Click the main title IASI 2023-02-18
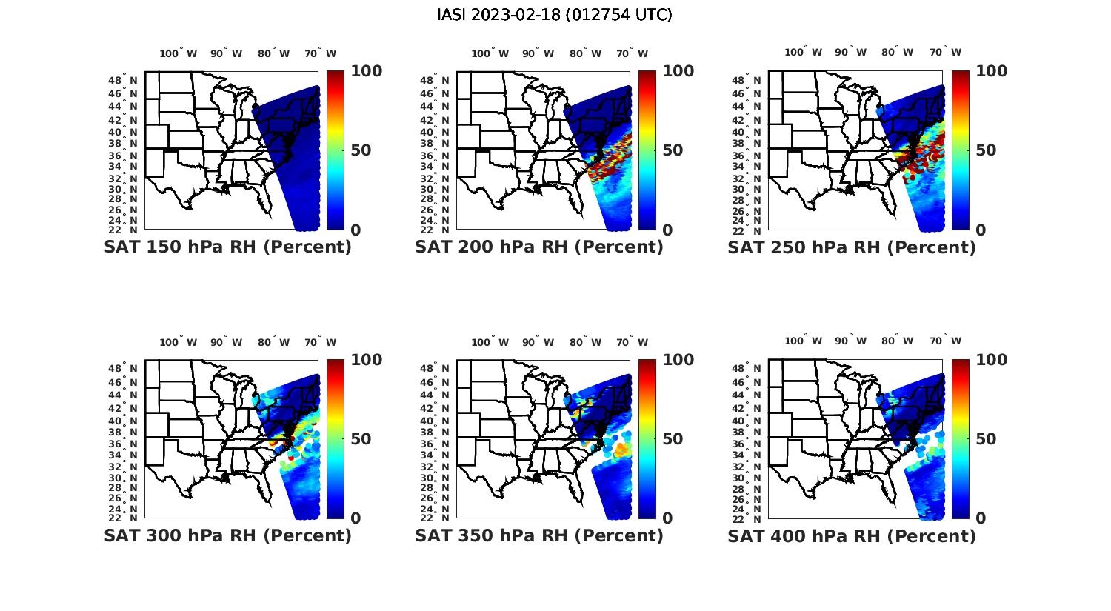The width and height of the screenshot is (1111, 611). click(555, 15)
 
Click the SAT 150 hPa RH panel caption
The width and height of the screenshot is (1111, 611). click(227, 247)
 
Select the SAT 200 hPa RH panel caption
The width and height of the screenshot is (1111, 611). click(539, 247)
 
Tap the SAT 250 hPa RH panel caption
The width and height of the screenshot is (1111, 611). click(852, 247)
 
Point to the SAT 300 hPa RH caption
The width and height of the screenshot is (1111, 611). click(227, 535)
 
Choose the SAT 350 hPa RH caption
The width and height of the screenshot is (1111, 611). click(539, 535)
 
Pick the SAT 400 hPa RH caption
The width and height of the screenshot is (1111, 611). click(852, 535)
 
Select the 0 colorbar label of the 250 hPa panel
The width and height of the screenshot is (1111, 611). click(981, 230)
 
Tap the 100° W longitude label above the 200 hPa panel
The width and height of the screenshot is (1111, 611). click(490, 53)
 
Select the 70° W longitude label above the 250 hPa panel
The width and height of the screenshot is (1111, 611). click(945, 52)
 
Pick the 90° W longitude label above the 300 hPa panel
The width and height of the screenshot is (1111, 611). click(226, 342)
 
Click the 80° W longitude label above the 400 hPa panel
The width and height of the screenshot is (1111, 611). click(897, 341)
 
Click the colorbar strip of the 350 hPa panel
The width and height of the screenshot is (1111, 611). click(647, 438)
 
